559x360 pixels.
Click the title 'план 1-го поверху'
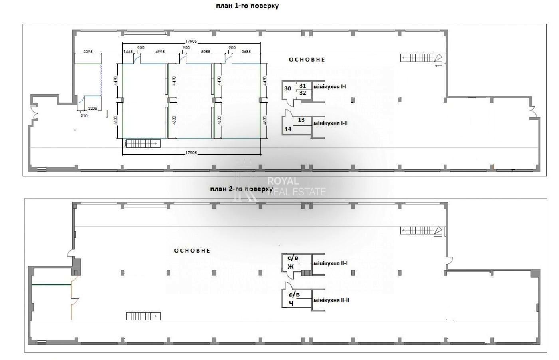click(247, 6)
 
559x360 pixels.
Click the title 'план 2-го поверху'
click(242, 189)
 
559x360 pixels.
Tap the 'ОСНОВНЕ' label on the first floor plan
click(307, 60)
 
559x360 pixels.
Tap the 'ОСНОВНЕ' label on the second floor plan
click(192, 251)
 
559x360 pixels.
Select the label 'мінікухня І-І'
click(330, 86)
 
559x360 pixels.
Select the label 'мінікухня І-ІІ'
click(330, 123)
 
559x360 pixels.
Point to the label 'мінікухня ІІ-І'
click(330, 263)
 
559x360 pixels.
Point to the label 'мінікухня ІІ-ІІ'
click(331, 300)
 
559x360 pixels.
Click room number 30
click(287, 88)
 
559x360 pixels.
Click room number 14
click(288, 129)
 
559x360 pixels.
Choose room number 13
click(301, 120)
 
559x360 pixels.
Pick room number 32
click(303, 93)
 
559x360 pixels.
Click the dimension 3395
click(88, 52)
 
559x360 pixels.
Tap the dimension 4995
click(160, 52)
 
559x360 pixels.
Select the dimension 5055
click(206, 52)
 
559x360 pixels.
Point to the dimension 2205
click(93, 109)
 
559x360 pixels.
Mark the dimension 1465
click(128, 52)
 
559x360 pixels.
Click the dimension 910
click(84, 116)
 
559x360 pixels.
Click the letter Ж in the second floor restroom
click(290, 267)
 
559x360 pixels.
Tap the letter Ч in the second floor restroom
click(291, 303)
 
